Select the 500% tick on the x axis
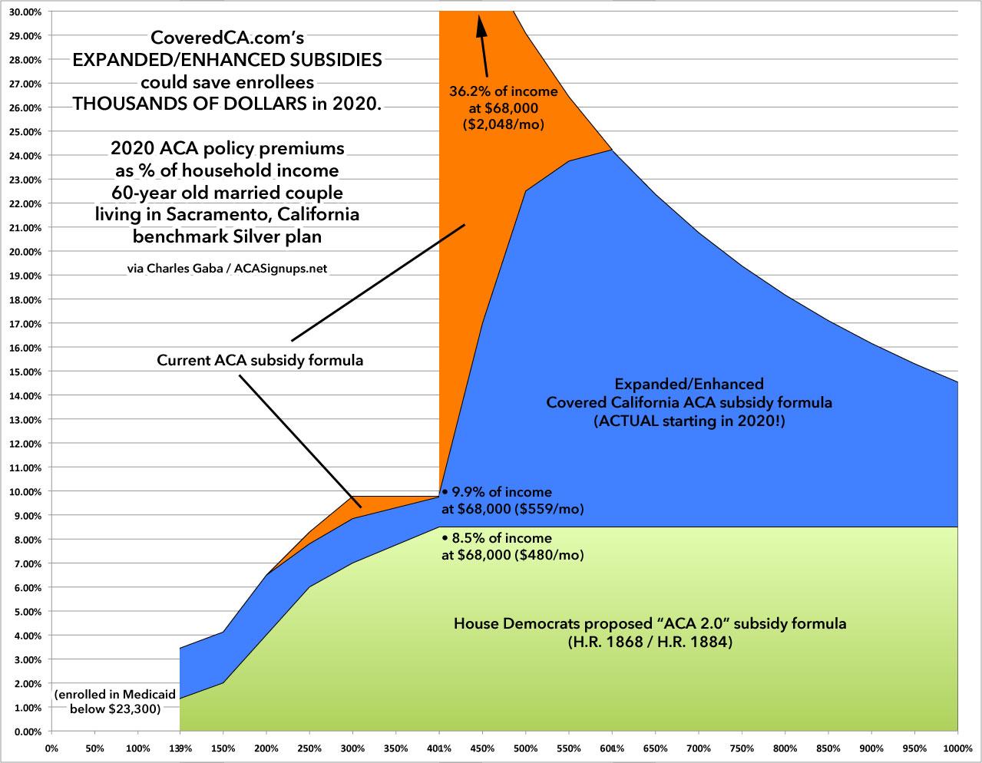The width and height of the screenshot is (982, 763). pos(526,748)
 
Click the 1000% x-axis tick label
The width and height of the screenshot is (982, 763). pos(957,748)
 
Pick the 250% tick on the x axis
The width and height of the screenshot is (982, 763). pos(310,748)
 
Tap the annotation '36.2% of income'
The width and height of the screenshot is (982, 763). pos(504,91)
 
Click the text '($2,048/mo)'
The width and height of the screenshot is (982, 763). pos(504,122)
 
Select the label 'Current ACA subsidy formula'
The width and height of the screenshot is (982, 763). pos(260,360)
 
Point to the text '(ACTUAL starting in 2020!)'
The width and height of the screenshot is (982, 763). pos(689,421)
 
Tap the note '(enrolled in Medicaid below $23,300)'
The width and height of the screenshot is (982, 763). pos(115,702)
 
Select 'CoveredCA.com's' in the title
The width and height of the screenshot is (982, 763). pos(226,37)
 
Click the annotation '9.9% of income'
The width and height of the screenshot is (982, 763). pos(501,492)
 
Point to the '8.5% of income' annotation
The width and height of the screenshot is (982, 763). pos(501,538)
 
